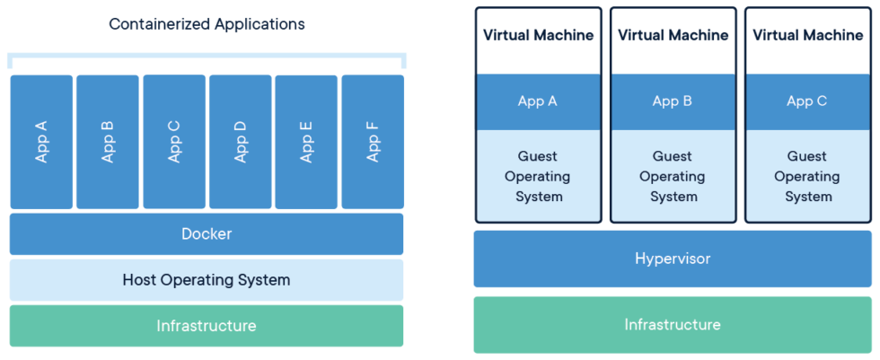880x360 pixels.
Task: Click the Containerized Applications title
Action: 207,24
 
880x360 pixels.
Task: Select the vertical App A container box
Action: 41,141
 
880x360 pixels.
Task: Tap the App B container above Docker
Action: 108,141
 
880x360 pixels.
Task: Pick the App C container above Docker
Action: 174,141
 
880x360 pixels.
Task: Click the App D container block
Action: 241,141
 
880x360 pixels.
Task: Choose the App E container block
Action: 306,141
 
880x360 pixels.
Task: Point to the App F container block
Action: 373,141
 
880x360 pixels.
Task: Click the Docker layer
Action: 207,234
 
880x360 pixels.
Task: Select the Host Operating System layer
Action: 207,280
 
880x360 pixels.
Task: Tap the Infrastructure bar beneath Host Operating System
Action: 207,326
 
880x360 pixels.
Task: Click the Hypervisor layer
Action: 673,259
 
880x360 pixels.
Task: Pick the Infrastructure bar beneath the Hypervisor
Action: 673,324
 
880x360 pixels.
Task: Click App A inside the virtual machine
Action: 538,101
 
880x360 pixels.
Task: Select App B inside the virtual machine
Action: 673,101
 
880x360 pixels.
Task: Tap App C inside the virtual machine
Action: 807,101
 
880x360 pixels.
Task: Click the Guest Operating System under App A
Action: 538,176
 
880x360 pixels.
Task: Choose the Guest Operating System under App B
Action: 673,176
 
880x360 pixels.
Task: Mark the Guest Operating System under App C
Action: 807,176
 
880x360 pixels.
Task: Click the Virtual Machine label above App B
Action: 673,36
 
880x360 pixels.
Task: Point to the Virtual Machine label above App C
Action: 807,36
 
